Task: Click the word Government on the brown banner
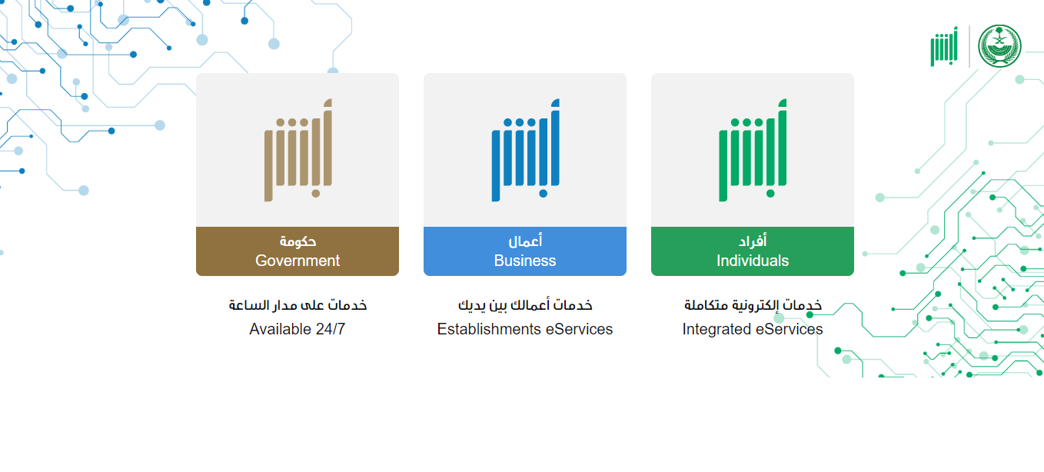pyautogui.click(x=298, y=261)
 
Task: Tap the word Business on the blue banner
pyautogui.click(x=525, y=261)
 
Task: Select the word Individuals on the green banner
pyautogui.click(x=752, y=261)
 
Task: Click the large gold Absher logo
pyautogui.click(x=298, y=150)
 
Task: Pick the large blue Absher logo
pyautogui.click(x=526, y=150)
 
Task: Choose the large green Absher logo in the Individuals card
pyautogui.click(x=753, y=150)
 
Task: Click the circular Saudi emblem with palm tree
pyautogui.click(x=999, y=46)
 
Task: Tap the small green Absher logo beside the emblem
pyautogui.click(x=944, y=47)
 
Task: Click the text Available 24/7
pyautogui.click(x=298, y=329)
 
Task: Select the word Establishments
pyautogui.click(x=489, y=329)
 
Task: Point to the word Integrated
pyautogui.click(x=717, y=330)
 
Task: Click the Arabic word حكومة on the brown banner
pyautogui.click(x=298, y=241)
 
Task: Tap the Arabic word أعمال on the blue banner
pyautogui.click(x=525, y=241)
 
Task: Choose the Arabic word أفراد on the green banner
pyautogui.click(x=753, y=241)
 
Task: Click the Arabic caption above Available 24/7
pyautogui.click(x=298, y=305)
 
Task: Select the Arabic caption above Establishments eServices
pyautogui.click(x=525, y=305)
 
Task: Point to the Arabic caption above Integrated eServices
pyautogui.click(x=753, y=305)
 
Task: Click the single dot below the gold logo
pyautogui.click(x=315, y=194)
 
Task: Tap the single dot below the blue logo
pyautogui.click(x=543, y=194)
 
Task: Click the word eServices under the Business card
pyautogui.click(x=580, y=329)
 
